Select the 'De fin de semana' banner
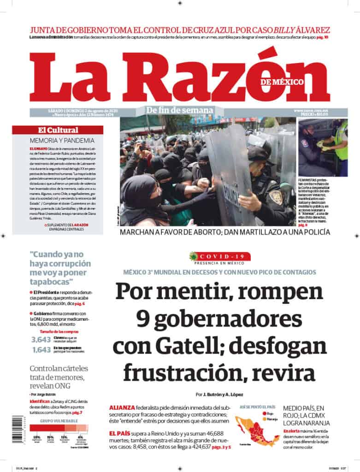click(180, 110)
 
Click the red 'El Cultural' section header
click(58, 130)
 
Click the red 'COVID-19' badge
click(220, 256)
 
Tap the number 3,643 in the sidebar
click(40, 340)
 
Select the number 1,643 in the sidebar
click(40, 350)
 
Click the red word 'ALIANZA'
click(122, 407)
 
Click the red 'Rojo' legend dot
click(262, 413)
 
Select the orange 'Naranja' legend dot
click(262, 419)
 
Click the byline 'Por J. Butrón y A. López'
click(218, 395)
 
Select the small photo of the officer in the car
click(323, 147)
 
